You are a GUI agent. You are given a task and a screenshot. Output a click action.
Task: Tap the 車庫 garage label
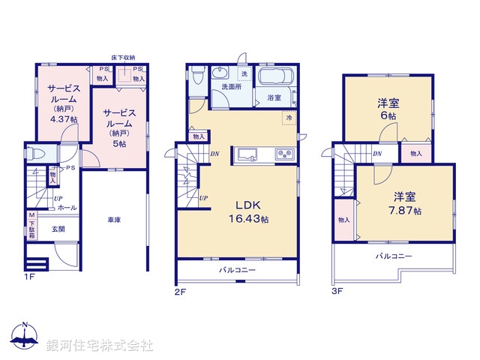click(113, 220)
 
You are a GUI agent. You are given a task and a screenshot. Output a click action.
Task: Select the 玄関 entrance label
click(58, 229)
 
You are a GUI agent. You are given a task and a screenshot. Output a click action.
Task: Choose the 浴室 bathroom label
click(274, 97)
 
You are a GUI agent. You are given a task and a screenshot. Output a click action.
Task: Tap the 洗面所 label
click(230, 87)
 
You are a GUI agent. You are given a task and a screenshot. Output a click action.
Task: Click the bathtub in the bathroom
click(278, 77)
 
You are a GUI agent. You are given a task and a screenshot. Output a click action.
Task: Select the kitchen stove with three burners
click(285, 154)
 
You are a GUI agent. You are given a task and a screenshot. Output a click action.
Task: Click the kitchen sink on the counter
click(248, 154)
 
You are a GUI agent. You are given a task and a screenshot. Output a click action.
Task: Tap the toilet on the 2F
click(197, 75)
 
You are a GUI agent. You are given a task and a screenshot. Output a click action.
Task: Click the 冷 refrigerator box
click(288, 118)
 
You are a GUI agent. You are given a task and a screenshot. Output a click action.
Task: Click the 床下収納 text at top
click(123, 57)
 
